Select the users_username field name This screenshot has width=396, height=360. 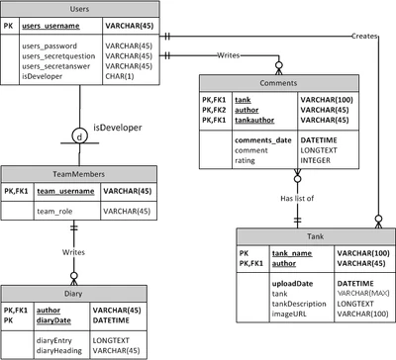pyautogui.click(x=53, y=26)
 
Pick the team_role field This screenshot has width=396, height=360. pyautogui.click(x=54, y=211)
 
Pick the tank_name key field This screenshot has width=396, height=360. pyautogui.click(x=293, y=253)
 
